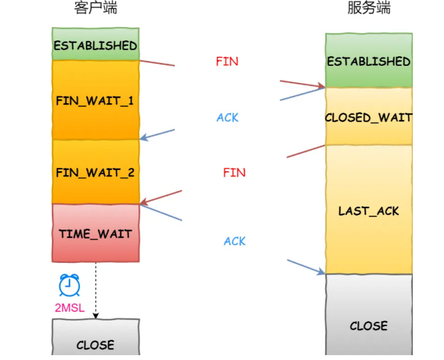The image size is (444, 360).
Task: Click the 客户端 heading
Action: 95,8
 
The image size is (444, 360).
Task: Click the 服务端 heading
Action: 368,8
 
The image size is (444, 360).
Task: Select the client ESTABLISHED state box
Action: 95,44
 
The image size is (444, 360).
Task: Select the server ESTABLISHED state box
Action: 368,61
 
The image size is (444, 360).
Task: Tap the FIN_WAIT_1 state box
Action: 95,100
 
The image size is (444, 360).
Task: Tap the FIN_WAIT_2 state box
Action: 95,172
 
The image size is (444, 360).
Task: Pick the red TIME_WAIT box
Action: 95,233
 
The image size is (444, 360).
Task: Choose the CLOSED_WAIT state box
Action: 368,117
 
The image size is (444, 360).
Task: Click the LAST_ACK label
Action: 368,210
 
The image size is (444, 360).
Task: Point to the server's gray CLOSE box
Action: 368,325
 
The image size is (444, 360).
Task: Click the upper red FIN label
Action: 227,61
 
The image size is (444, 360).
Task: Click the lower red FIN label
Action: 234,172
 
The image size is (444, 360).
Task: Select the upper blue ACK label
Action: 227,117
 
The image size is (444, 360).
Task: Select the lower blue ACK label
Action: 234,241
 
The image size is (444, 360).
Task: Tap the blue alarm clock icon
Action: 69,285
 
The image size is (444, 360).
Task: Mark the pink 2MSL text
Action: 69,307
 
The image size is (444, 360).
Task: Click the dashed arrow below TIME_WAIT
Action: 95,291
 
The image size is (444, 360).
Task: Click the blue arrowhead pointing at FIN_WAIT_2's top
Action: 144,137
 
